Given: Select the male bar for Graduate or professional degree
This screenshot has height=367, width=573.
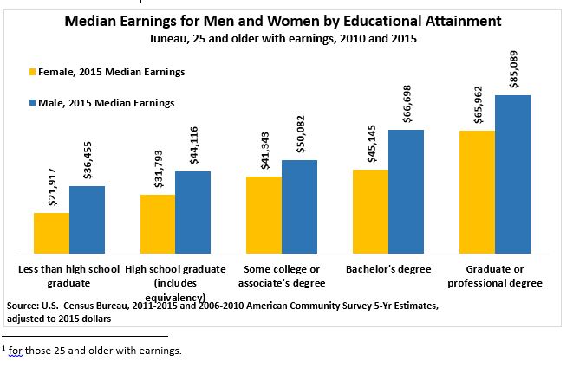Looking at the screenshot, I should click(x=512, y=173).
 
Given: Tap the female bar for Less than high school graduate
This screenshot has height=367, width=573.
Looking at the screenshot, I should click(x=51, y=231).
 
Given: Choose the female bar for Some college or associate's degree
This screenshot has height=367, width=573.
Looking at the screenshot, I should click(x=264, y=214).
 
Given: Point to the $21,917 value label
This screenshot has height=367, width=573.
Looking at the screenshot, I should click(x=51, y=183).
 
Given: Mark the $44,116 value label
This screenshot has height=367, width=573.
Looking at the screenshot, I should click(x=192, y=141).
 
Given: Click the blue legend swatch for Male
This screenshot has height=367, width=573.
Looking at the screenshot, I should click(x=34, y=103).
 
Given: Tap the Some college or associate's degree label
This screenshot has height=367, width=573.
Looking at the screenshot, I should click(x=283, y=276).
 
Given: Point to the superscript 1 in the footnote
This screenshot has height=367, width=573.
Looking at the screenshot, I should click(x=4, y=347).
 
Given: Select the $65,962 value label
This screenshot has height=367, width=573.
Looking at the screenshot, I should click(x=477, y=101).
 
